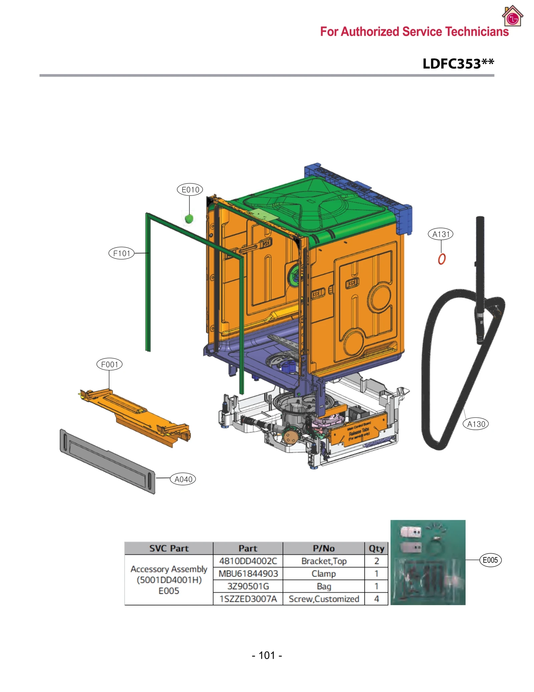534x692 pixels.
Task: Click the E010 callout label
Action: [190, 190]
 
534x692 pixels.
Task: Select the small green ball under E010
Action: [189, 219]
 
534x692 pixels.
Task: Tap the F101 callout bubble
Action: [121, 253]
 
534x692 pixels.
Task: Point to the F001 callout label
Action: [109, 364]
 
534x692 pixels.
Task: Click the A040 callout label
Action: [183, 479]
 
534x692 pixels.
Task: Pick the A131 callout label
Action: [441, 234]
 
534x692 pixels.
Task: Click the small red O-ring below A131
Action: [442, 259]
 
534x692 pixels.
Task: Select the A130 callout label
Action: [476, 424]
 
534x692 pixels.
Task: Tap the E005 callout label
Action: [490, 560]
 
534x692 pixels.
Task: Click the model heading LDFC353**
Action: [458, 64]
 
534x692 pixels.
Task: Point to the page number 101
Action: [267, 655]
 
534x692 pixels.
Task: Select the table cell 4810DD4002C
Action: [248, 561]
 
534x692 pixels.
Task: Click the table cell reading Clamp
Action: [323, 574]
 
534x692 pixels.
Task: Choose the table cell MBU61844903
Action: [248, 574]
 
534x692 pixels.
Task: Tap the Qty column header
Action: [376, 548]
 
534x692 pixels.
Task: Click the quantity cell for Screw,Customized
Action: [376, 599]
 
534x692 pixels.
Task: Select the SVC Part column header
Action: [169, 548]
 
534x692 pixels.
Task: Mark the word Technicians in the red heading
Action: [477, 32]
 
